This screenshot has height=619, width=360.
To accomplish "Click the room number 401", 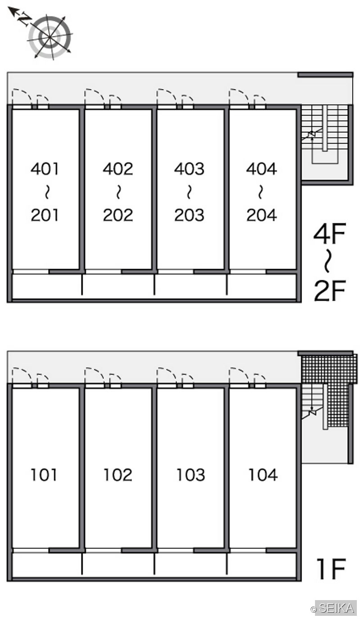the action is click(45, 169).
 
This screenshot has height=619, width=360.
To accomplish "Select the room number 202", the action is click(118, 215).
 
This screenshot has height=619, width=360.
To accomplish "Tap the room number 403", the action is click(189, 169).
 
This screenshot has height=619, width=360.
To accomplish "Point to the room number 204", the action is click(261, 215).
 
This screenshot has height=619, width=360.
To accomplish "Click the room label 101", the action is click(44, 475).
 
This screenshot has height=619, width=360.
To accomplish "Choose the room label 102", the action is click(118, 475).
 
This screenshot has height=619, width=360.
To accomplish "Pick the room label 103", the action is click(190, 475).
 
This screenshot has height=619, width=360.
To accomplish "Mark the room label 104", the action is click(263, 475).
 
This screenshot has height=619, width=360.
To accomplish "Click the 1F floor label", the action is click(331, 569).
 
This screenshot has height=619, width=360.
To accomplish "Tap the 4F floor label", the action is click(329, 233).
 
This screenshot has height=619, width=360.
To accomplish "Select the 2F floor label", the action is click(329, 290).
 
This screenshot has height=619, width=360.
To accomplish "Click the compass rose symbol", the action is click(50, 37).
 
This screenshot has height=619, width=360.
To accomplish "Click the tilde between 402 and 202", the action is click(118, 192).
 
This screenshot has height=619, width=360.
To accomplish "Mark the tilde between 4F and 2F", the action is click(327, 261).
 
